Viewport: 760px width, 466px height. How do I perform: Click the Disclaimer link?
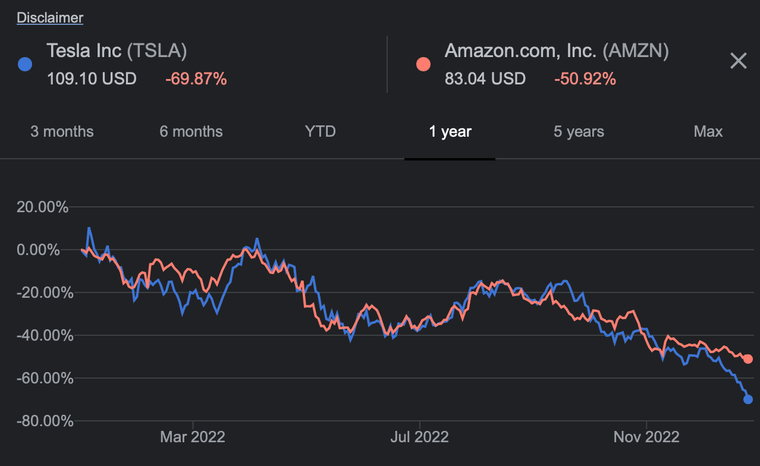pyautogui.click(x=50, y=18)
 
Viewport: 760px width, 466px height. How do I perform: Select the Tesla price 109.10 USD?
pyautogui.click(x=92, y=78)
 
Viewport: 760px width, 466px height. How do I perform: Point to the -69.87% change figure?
pyautogui.click(x=196, y=78)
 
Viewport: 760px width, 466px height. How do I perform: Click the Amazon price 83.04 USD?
pyautogui.click(x=485, y=78)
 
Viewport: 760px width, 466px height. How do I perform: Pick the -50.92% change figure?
pyautogui.click(x=585, y=78)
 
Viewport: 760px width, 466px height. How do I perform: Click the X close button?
pyautogui.click(x=738, y=61)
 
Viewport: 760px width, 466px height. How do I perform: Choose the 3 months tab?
pyautogui.click(x=62, y=131)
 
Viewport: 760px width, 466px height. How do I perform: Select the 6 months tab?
pyautogui.click(x=191, y=131)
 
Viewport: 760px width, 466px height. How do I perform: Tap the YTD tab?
pyautogui.click(x=320, y=131)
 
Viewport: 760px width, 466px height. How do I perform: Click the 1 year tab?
pyautogui.click(x=450, y=131)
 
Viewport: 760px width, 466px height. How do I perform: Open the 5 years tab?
pyautogui.click(x=579, y=131)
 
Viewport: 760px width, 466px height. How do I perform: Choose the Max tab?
pyautogui.click(x=708, y=131)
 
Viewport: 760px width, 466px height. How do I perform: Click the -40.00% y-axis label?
pyautogui.click(x=43, y=335)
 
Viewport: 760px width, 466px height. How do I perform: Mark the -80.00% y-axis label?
pyautogui.click(x=43, y=421)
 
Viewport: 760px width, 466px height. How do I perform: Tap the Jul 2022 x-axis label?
pyautogui.click(x=419, y=437)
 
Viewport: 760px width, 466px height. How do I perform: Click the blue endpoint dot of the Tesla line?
pyautogui.click(x=748, y=399)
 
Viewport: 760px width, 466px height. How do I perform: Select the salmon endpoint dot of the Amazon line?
pyautogui.click(x=748, y=359)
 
